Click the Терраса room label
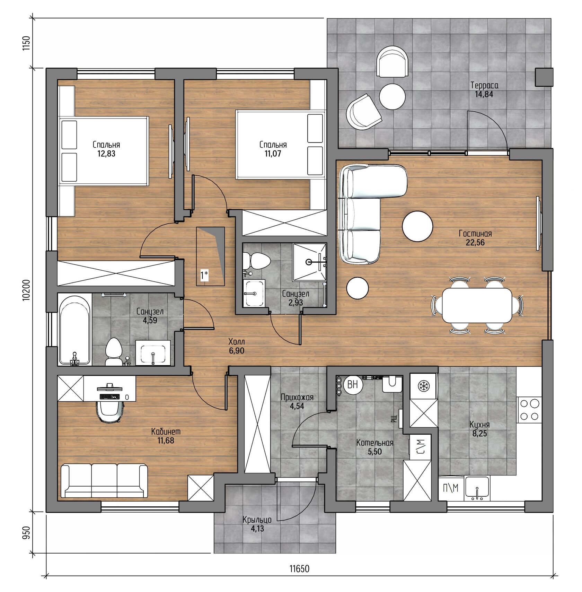[x=484, y=85]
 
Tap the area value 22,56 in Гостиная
[x=475, y=242]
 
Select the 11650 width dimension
[x=299, y=569]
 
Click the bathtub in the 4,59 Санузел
[x=75, y=329]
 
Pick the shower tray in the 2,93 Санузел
[x=310, y=262]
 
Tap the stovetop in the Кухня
[x=529, y=410]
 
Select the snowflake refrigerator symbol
[x=423, y=386]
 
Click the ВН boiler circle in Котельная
[x=353, y=385]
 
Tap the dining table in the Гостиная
[x=477, y=305]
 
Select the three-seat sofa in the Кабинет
[x=104, y=481]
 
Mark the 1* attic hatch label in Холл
[x=204, y=276]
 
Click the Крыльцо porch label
[x=257, y=520]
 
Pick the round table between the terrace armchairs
[x=392, y=97]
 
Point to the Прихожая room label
[x=297, y=397]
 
